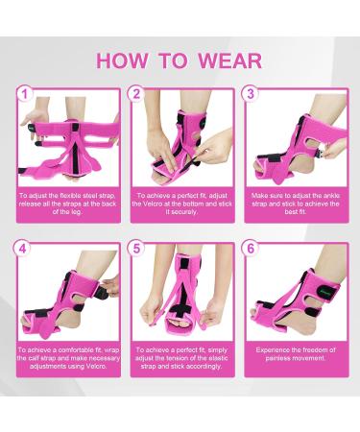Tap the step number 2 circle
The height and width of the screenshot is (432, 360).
point(136,94)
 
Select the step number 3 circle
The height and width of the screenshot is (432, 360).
point(251,94)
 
